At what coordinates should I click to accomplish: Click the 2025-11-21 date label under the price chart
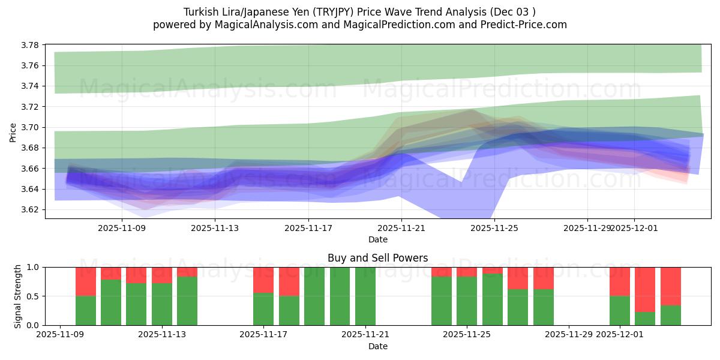[x=401, y=228]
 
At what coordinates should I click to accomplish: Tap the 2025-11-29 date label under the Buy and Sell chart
[x=569, y=335]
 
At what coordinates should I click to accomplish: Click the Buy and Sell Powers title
[x=377, y=258]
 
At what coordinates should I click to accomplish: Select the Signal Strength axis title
[x=18, y=296]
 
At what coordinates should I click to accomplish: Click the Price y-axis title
[x=13, y=132]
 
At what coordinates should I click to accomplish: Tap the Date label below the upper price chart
[x=377, y=239]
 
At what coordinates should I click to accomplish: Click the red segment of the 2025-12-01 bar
[x=620, y=281]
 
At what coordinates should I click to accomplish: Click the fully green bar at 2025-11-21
[x=365, y=296]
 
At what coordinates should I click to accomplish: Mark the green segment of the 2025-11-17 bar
[x=263, y=309]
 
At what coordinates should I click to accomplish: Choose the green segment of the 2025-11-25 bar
[x=467, y=301]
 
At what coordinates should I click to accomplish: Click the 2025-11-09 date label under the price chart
[x=122, y=228]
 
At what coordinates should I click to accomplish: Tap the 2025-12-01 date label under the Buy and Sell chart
[x=620, y=335]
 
